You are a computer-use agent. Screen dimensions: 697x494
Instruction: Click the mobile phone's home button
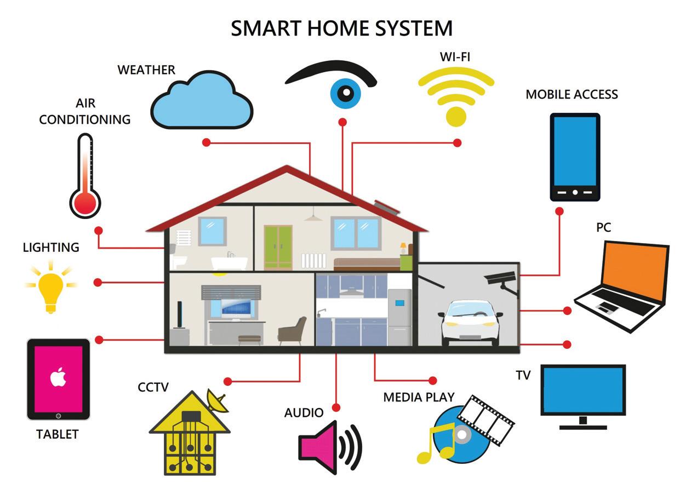(x=575, y=192)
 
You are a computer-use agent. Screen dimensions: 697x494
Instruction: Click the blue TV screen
(x=583, y=390)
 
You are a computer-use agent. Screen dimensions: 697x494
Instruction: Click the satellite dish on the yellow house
(x=218, y=401)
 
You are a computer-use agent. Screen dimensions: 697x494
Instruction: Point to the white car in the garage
(x=471, y=323)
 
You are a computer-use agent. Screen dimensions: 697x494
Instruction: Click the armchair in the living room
(x=293, y=331)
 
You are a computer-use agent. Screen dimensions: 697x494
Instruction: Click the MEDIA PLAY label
(x=419, y=397)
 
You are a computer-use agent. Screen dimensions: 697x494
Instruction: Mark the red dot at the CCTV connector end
(x=228, y=381)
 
